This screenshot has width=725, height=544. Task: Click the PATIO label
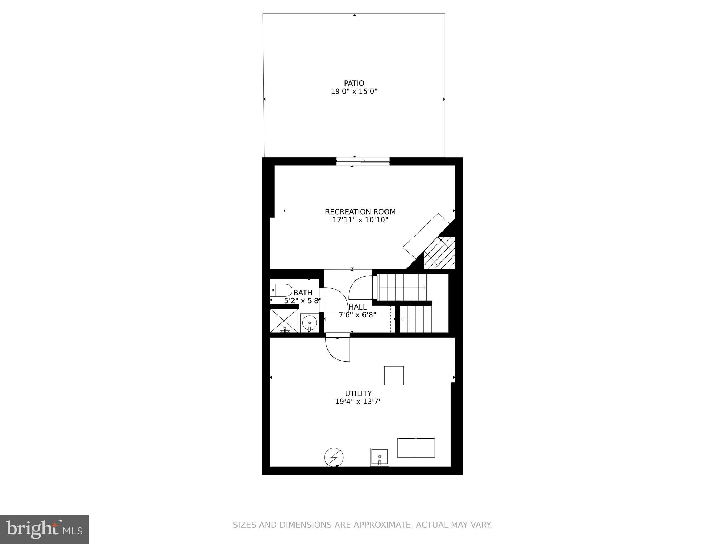pyautogui.click(x=354, y=83)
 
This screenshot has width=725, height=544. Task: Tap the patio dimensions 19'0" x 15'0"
pyautogui.click(x=354, y=91)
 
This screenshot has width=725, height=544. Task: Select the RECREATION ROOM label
pyautogui.click(x=360, y=212)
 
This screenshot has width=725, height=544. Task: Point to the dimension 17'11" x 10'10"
pyautogui.click(x=360, y=220)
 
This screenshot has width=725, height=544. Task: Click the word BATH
pyautogui.click(x=303, y=293)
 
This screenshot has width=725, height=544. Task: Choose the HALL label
pyautogui.click(x=357, y=307)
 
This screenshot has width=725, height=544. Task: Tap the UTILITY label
pyautogui.click(x=358, y=393)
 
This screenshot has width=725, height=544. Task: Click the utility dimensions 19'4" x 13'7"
pyautogui.click(x=358, y=402)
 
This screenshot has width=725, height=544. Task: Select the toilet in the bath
pyautogui.click(x=281, y=290)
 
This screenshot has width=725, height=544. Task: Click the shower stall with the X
pyautogui.click(x=284, y=321)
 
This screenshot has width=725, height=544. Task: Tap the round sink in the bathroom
pyautogui.click(x=309, y=323)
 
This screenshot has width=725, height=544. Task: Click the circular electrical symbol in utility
pyautogui.click(x=334, y=457)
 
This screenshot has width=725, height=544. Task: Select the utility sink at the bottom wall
pyautogui.click(x=379, y=457)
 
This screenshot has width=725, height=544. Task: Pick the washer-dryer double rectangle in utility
pyautogui.click(x=416, y=448)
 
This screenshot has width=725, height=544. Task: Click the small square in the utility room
pyautogui.click(x=394, y=375)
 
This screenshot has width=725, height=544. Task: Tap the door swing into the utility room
pyautogui.click(x=337, y=349)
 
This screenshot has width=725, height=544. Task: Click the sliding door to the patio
pyautogui.click(x=362, y=161)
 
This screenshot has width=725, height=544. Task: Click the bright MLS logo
pyautogui.click(x=44, y=529)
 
